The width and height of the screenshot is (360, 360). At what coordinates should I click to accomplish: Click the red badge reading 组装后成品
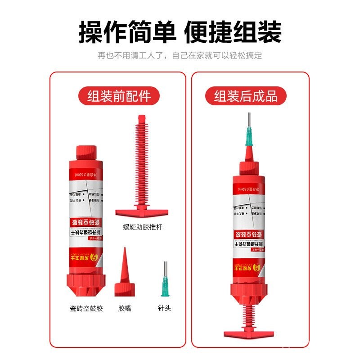(246, 96)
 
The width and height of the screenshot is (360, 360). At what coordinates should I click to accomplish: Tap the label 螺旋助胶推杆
(142, 228)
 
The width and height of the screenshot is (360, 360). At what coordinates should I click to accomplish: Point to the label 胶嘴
(124, 309)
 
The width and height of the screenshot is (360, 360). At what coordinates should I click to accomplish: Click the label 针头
(164, 309)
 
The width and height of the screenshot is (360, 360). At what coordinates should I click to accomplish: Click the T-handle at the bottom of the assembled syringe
(249, 334)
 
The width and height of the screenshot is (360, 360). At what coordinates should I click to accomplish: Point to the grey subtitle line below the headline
(180, 56)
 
